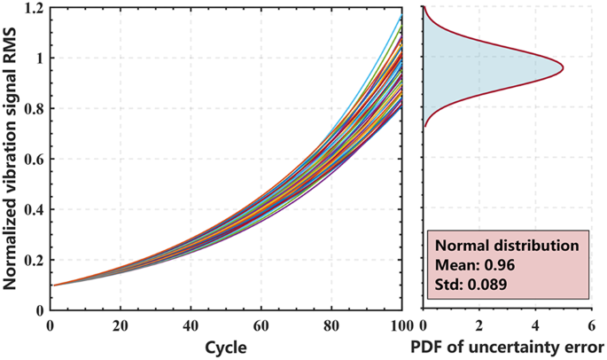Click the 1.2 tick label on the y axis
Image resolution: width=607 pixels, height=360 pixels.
tap(32, 8)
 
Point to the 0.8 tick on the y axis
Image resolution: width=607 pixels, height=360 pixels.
tap(32, 109)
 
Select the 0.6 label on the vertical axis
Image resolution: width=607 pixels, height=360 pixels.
tap(32, 160)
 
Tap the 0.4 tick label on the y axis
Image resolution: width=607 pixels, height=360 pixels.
tap(32, 210)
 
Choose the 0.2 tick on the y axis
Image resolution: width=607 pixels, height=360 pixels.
tap(32, 261)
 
